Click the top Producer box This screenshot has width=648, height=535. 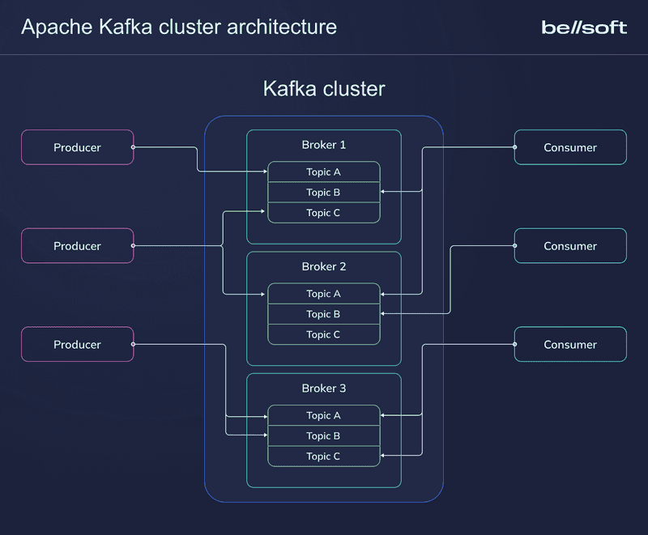point(77,147)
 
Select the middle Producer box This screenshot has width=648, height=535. point(77,246)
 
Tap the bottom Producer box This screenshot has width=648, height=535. point(77,345)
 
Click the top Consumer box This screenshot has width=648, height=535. point(570,147)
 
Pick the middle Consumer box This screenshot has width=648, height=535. point(570,246)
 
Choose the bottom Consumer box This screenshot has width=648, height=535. point(570,345)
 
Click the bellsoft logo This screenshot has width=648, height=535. point(583,28)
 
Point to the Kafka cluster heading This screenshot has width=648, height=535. point(324,88)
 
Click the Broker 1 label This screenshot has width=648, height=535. point(324,145)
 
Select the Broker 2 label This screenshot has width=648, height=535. point(324,266)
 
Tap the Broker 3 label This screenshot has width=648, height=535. point(324,389)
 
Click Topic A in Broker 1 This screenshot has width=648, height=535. point(324,172)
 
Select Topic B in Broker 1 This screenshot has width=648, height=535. point(324,193)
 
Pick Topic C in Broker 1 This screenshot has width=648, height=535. point(324,213)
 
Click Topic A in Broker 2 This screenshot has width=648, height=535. point(324,294)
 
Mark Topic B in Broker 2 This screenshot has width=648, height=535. point(324,314)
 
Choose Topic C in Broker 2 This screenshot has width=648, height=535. point(324,334)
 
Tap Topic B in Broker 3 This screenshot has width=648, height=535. point(324,436)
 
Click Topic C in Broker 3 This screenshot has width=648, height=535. point(324,456)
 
